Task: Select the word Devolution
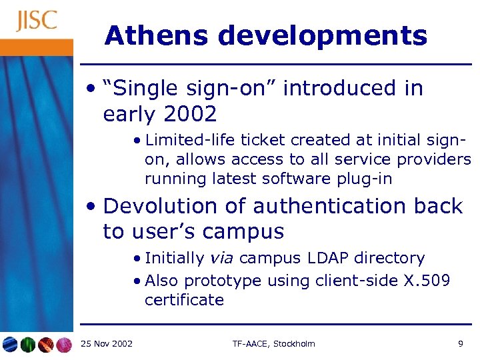pyautogui.click(x=161, y=206)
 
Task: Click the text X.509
pyautogui.click(x=427, y=281)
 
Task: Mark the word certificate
pyautogui.click(x=184, y=300)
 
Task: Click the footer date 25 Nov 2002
pyautogui.click(x=106, y=344)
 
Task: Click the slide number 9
pyautogui.click(x=461, y=344)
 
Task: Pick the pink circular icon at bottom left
pyautogui.click(x=63, y=345)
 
